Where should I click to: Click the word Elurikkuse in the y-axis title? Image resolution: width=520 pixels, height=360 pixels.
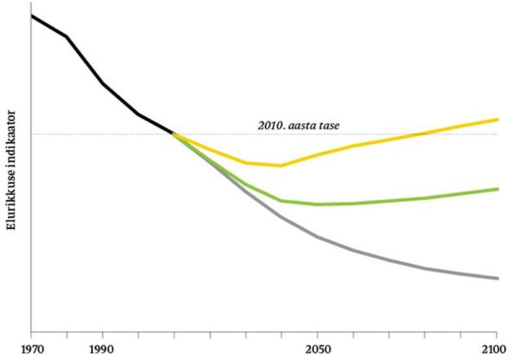click(x=12, y=196)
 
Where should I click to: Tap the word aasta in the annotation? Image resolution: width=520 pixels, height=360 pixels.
click(x=306, y=125)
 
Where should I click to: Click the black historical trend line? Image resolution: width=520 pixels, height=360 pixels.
click(x=103, y=84)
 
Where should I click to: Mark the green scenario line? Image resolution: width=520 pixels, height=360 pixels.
click(x=390, y=200)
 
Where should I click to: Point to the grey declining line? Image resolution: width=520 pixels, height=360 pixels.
click(x=390, y=259)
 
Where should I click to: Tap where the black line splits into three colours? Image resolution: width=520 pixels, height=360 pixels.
click(x=173, y=134)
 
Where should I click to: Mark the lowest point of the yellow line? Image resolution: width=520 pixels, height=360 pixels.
click(x=280, y=165)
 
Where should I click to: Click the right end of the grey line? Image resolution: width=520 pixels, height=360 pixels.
click(x=498, y=278)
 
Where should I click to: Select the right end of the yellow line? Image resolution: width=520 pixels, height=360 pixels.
click(x=498, y=119)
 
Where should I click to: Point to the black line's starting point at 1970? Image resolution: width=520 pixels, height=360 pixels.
click(x=32, y=16)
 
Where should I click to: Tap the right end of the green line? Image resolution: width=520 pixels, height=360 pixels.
click(x=498, y=188)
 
